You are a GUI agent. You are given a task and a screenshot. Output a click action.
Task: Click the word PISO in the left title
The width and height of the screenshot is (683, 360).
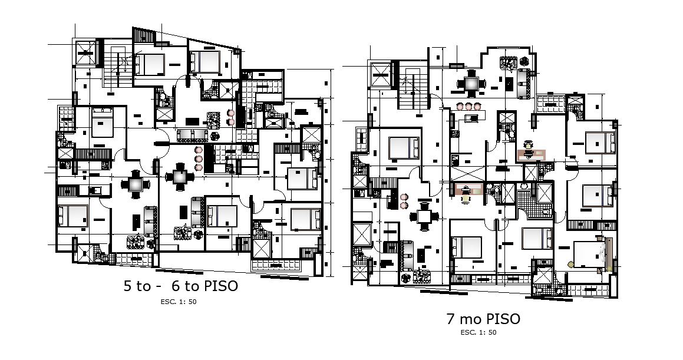click(x=221, y=286)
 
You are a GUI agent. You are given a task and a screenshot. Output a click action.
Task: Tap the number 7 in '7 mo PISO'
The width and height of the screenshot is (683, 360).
click(x=451, y=319)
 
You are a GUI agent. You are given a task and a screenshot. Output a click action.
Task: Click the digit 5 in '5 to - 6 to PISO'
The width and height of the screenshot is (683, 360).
click(x=127, y=287)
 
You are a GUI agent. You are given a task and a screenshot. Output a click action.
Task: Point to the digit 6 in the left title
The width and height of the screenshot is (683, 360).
click(x=175, y=287)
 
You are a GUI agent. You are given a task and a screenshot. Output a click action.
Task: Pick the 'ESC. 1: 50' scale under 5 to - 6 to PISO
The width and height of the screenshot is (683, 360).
click(x=182, y=302)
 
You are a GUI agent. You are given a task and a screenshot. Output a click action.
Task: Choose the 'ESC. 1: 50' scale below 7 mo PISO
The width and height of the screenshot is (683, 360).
click(x=478, y=332)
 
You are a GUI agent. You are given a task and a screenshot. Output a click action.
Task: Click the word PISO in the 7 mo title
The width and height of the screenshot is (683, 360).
click(x=503, y=319)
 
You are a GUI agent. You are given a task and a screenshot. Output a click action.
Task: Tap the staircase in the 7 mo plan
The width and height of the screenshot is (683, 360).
click(x=412, y=88)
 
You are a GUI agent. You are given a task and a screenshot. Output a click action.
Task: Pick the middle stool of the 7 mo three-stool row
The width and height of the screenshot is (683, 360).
click(x=468, y=107)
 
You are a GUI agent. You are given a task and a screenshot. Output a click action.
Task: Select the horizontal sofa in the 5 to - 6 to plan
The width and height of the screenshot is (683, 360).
click(x=192, y=135)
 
